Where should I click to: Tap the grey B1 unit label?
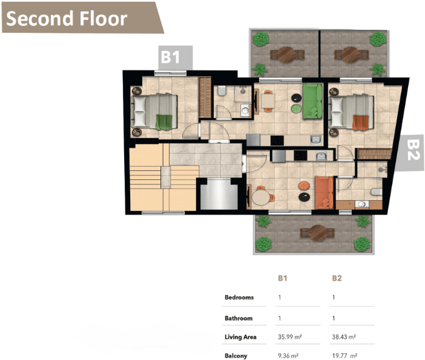176,58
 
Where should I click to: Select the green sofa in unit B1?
312,101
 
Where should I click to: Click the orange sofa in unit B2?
324,193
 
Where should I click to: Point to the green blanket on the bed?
163,122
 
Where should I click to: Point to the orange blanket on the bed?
360,123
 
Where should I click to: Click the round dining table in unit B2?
261,198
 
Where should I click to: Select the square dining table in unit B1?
268,101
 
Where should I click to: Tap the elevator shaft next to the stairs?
219,194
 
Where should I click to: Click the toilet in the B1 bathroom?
222,91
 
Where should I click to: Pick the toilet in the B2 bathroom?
377,192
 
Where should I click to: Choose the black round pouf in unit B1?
296,98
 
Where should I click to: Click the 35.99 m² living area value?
290,337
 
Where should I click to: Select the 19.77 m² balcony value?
344,356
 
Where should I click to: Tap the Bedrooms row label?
239,298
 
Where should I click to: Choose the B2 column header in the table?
337,278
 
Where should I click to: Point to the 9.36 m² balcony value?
288,356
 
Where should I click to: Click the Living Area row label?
240,337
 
